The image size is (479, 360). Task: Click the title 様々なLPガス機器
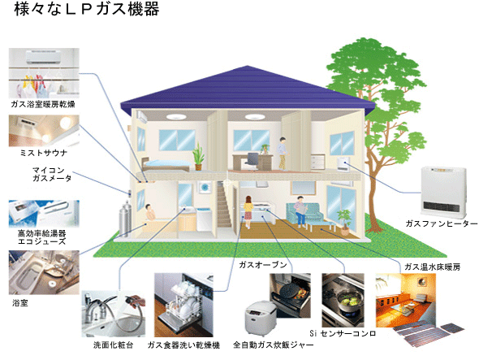[x=87, y=9]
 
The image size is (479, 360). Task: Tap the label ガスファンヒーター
[x=442, y=223]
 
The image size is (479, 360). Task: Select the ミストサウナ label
[x=43, y=153]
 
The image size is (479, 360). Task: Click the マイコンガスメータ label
[x=52, y=174]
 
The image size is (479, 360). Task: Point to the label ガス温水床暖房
[x=432, y=267]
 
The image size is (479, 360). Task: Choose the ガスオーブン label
[x=263, y=265]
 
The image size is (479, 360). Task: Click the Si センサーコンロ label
[x=343, y=333]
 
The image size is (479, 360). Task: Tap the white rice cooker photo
[x=261, y=318]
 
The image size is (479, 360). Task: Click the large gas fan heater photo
[x=444, y=192]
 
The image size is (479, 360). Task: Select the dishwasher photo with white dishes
[x=183, y=305]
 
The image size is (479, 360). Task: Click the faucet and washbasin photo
[x=114, y=314]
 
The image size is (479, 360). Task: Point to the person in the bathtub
[x=149, y=211]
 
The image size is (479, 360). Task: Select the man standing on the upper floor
[x=283, y=154]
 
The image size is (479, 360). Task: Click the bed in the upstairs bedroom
[x=166, y=164]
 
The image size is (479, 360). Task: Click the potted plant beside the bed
[x=198, y=157]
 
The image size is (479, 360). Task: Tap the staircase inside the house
[x=224, y=205]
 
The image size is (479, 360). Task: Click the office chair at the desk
[x=252, y=161]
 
